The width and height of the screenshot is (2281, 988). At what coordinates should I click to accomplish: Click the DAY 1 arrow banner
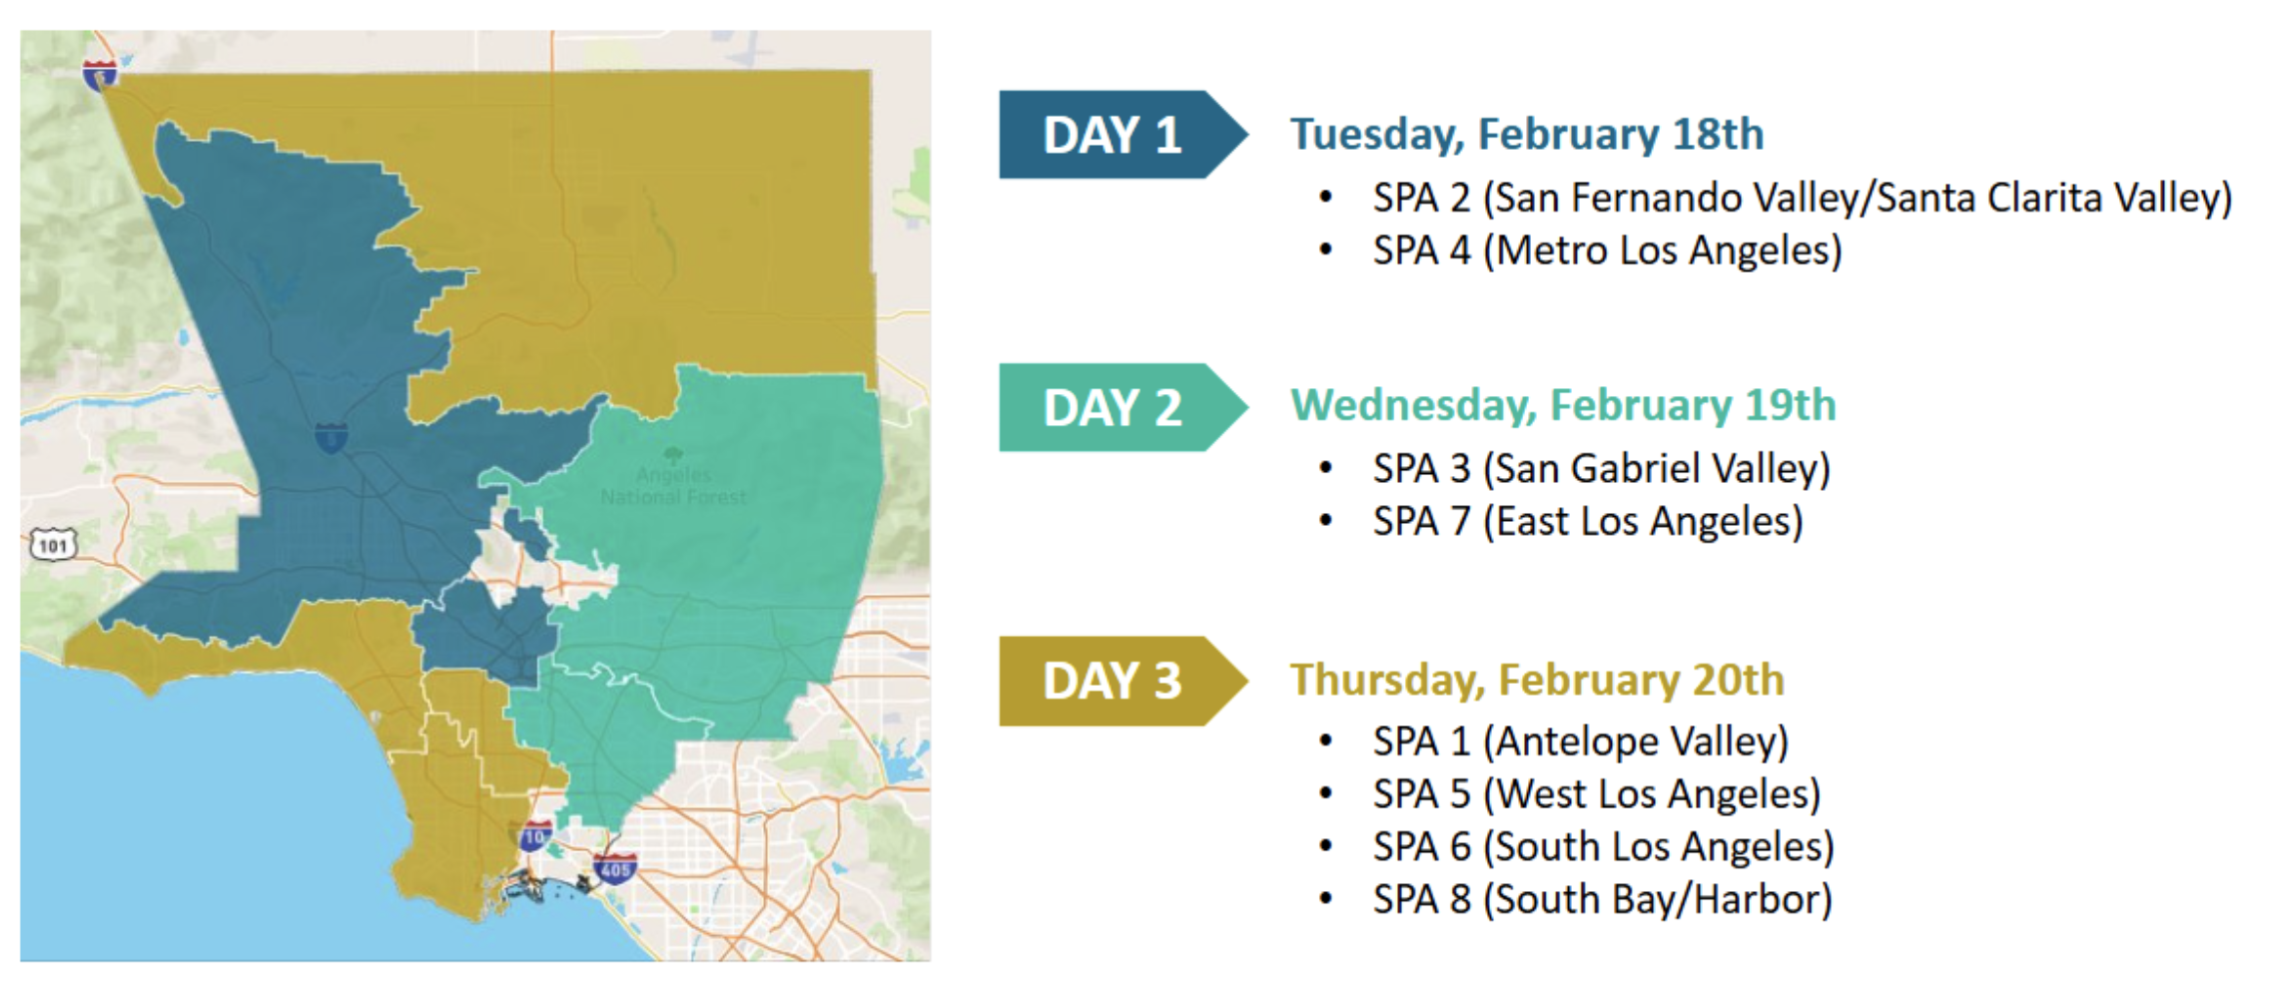pos(1123,135)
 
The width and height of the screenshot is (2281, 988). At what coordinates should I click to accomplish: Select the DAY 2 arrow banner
pos(1123,407)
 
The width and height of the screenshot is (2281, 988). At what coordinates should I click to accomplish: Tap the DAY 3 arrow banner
pos(1123,681)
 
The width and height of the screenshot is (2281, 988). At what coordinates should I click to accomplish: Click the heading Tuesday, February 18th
pos(1527,135)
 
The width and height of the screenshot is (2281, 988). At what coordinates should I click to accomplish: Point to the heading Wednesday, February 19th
pos(1563,406)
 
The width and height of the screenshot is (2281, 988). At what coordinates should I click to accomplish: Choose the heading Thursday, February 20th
pos(1537,680)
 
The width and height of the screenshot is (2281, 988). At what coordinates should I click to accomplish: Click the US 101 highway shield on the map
pos(52,545)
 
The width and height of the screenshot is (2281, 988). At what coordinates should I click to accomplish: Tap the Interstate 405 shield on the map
pos(614,868)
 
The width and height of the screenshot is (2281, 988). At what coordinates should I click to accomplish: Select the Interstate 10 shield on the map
pos(535,836)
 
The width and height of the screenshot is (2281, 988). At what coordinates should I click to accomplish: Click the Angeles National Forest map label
pos(673,485)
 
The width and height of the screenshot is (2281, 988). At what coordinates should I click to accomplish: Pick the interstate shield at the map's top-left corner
pos(100,74)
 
